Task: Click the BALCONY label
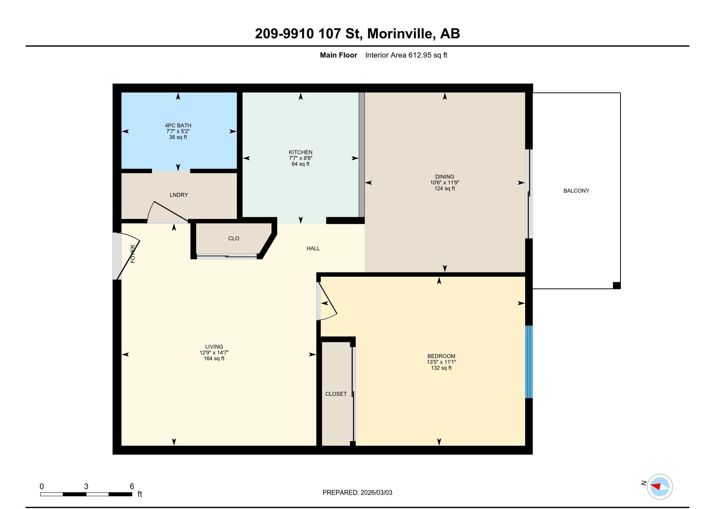[x=576, y=191]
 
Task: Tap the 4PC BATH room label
[x=178, y=125]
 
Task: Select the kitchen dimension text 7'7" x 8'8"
[x=300, y=158]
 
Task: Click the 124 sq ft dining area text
[x=444, y=188]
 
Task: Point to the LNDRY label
[x=179, y=195]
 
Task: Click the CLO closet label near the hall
[x=233, y=238]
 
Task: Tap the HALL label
[x=313, y=248]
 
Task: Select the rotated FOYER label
[x=133, y=254]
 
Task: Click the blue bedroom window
[x=529, y=362]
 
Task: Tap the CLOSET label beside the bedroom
[x=336, y=394]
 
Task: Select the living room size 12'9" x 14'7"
[x=214, y=352]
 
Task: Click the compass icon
[x=659, y=486]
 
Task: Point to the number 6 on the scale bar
[x=132, y=486]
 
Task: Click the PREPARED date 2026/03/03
[x=376, y=492]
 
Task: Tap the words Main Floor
[x=338, y=55]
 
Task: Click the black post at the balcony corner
[x=616, y=286]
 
